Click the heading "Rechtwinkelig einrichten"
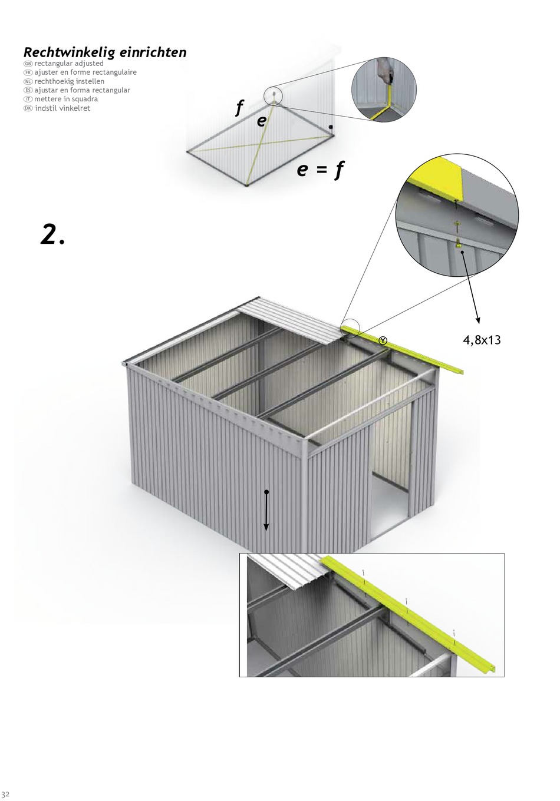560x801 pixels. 105,52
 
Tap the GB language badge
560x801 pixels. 28,64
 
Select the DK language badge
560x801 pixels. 28,108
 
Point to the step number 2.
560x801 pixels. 52,234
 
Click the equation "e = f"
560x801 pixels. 321,170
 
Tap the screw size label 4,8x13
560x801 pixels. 482,340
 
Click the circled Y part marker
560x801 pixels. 383,340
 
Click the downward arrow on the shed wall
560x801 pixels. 266,510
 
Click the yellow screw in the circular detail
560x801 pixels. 457,244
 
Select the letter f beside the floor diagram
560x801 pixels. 239,107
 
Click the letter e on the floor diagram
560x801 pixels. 261,121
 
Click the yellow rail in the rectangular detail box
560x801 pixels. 410,611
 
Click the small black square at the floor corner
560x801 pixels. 331,127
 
